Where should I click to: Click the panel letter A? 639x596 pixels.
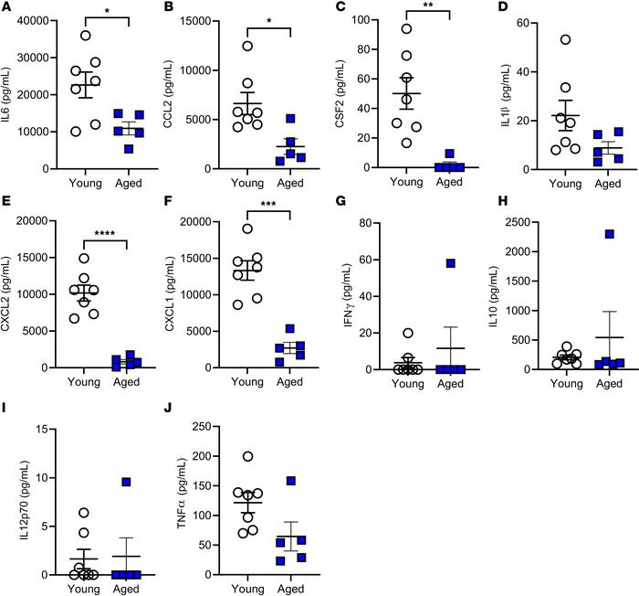pos(7,8)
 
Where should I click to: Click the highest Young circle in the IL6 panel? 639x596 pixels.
pos(86,36)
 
